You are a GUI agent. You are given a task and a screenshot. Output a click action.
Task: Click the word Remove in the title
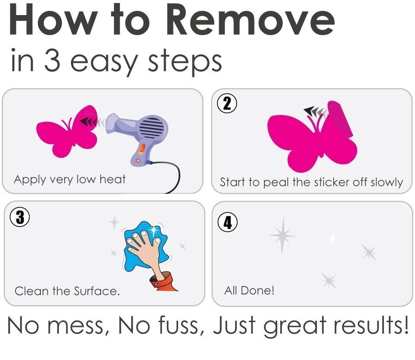point(251,20)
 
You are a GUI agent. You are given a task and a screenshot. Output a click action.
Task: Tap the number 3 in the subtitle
point(52,60)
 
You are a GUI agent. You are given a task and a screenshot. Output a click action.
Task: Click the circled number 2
point(227,103)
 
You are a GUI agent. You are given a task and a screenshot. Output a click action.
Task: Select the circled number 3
point(19,217)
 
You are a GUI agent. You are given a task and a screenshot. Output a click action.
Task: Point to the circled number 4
point(227,222)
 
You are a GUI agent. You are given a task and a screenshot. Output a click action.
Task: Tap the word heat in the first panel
point(112,180)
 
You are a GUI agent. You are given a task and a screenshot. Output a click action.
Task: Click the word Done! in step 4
point(257,290)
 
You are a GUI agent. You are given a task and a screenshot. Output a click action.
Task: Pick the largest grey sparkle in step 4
point(282,236)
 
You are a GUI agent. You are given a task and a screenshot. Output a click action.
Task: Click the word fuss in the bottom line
point(178,325)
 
